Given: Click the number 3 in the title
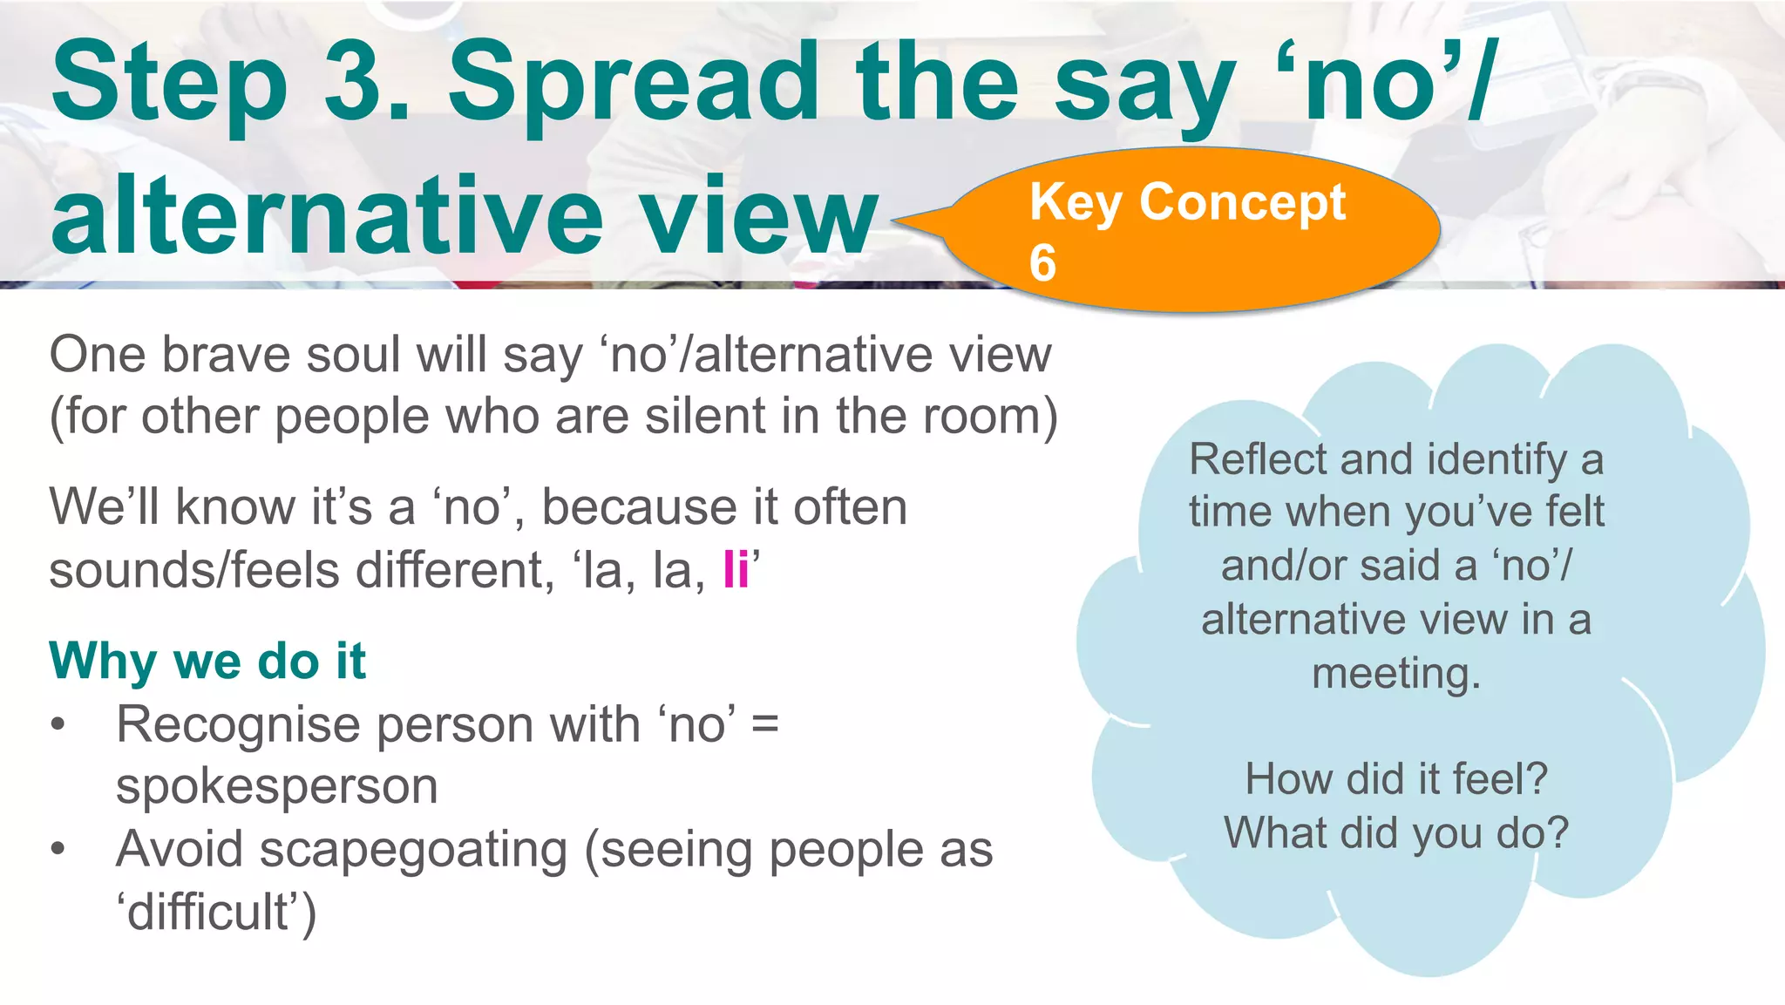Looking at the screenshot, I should coord(362,83).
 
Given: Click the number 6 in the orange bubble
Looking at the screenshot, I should coord(1042,263).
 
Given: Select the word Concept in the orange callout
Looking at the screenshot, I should coord(1243,203).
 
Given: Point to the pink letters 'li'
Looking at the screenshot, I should coord(736,570).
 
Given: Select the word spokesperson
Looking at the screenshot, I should coord(276,786).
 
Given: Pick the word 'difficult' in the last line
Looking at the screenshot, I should coord(208,912).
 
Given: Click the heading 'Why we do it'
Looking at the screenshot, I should coord(207,661).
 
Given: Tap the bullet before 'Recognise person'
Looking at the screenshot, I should coord(58,725).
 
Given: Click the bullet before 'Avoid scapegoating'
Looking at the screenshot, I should coord(58,850).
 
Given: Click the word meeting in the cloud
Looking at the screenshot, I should coord(1395,674).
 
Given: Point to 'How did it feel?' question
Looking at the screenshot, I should coord(1395,778).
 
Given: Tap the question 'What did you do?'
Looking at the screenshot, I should coord(1395,832).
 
